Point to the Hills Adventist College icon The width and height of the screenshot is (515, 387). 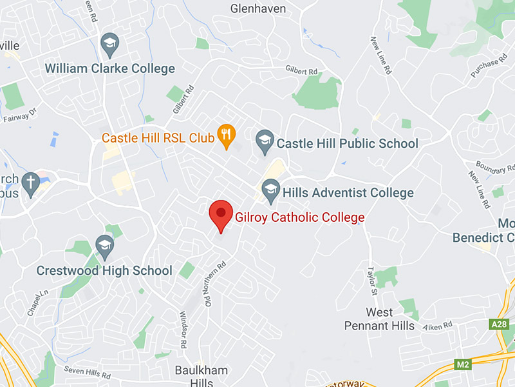[x=271, y=190]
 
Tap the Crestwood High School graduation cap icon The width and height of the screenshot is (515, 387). [x=104, y=246]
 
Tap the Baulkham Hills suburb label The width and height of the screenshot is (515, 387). [x=201, y=377]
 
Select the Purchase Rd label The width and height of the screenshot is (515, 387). [x=484, y=68]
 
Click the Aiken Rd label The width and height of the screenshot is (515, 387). [x=438, y=327]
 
